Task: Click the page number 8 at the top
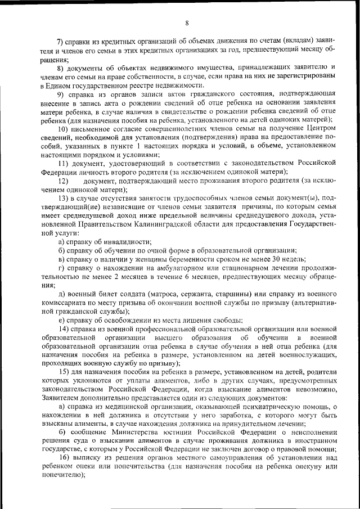[x=186, y=22]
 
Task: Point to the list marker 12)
[x=63, y=181]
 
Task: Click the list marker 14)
[x=63, y=328]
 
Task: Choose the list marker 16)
[x=63, y=458]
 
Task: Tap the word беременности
[x=200, y=258]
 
